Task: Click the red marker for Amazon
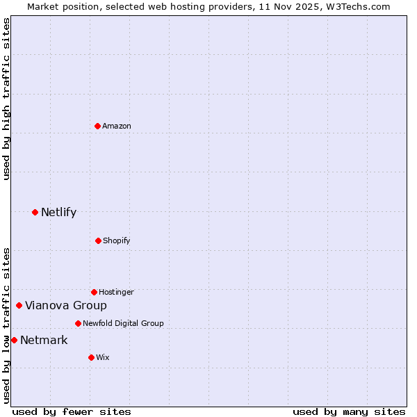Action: [x=97, y=126]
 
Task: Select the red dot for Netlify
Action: [x=35, y=212]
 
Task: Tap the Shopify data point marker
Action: [x=98, y=240]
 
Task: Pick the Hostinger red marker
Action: [x=94, y=292]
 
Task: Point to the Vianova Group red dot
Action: [x=19, y=305]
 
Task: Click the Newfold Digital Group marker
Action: [x=78, y=323]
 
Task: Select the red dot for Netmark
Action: [x=14, y=340]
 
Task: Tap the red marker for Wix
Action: [x=91, y=357]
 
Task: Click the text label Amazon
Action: [x=117, y=126]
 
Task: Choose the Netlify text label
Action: [x=58, y=212]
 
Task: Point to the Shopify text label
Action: [x=117, y=240]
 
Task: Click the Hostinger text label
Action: [x=116, y=292]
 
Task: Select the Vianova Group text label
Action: [x=66, y=305]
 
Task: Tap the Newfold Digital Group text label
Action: [x=123, y=323]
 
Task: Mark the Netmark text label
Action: [x=44, y=340]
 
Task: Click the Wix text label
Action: [x=103, y=357]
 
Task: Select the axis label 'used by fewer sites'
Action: [x=72, y=411]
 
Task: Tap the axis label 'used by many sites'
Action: [x=349, y=411]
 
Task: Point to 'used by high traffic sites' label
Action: [x=6, y=99]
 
